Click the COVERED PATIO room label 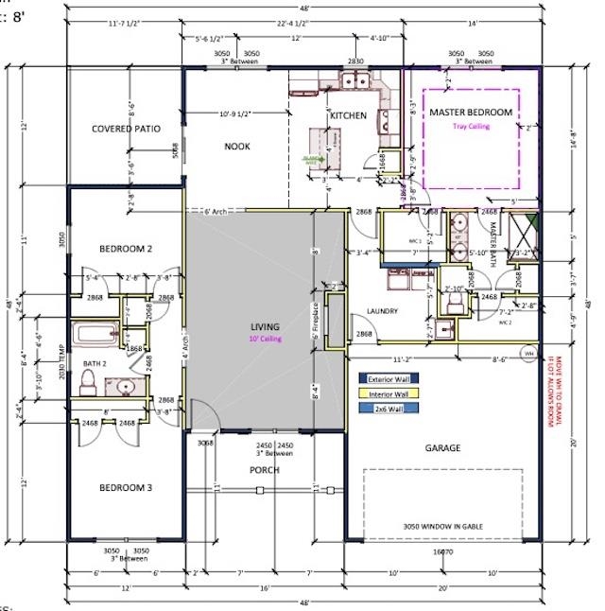point(126,129)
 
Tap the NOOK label point(236,146)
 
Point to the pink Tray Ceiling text point(471,126)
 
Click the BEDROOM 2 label point(126,249)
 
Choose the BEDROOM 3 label point(126,488)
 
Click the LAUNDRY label point(381,311)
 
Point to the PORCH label point(264,469)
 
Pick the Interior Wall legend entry point(388,394)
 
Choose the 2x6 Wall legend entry point(388,409)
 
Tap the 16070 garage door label point(441,550)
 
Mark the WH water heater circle point(528,355)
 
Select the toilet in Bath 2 point(88,381)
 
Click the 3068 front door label point(205,443)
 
